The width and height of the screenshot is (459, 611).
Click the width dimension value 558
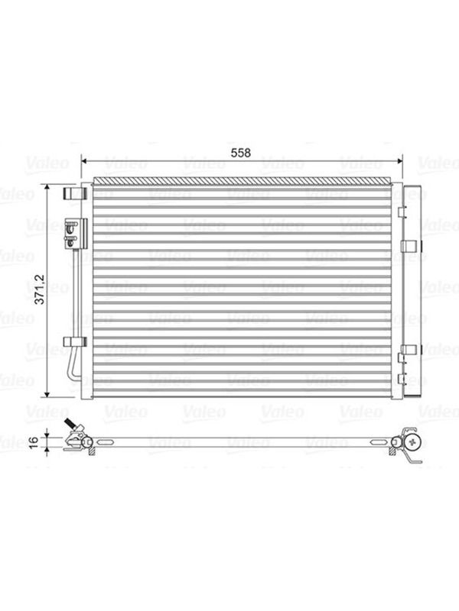[240, 153]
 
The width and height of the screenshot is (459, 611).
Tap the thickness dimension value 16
[34, 441]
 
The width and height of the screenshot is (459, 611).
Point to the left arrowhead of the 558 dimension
[83, 161]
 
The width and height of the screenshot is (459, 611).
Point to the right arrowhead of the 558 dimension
[399, 161]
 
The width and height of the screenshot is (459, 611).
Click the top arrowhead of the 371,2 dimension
[47, 188]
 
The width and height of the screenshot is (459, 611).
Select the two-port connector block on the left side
[75, 234]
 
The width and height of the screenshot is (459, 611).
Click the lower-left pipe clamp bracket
[74, 341]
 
